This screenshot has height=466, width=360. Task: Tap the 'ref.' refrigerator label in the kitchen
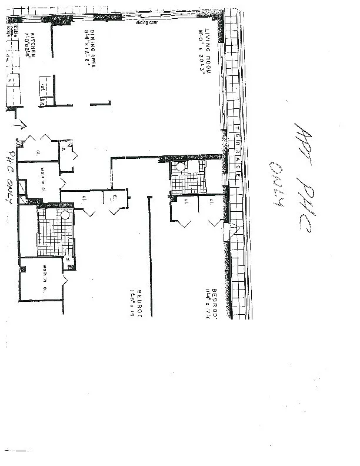click(x=43, y=86)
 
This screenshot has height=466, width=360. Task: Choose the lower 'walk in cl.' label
click(x=43, y=278)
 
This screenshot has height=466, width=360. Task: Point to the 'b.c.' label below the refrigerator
click(x=43, y=101)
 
